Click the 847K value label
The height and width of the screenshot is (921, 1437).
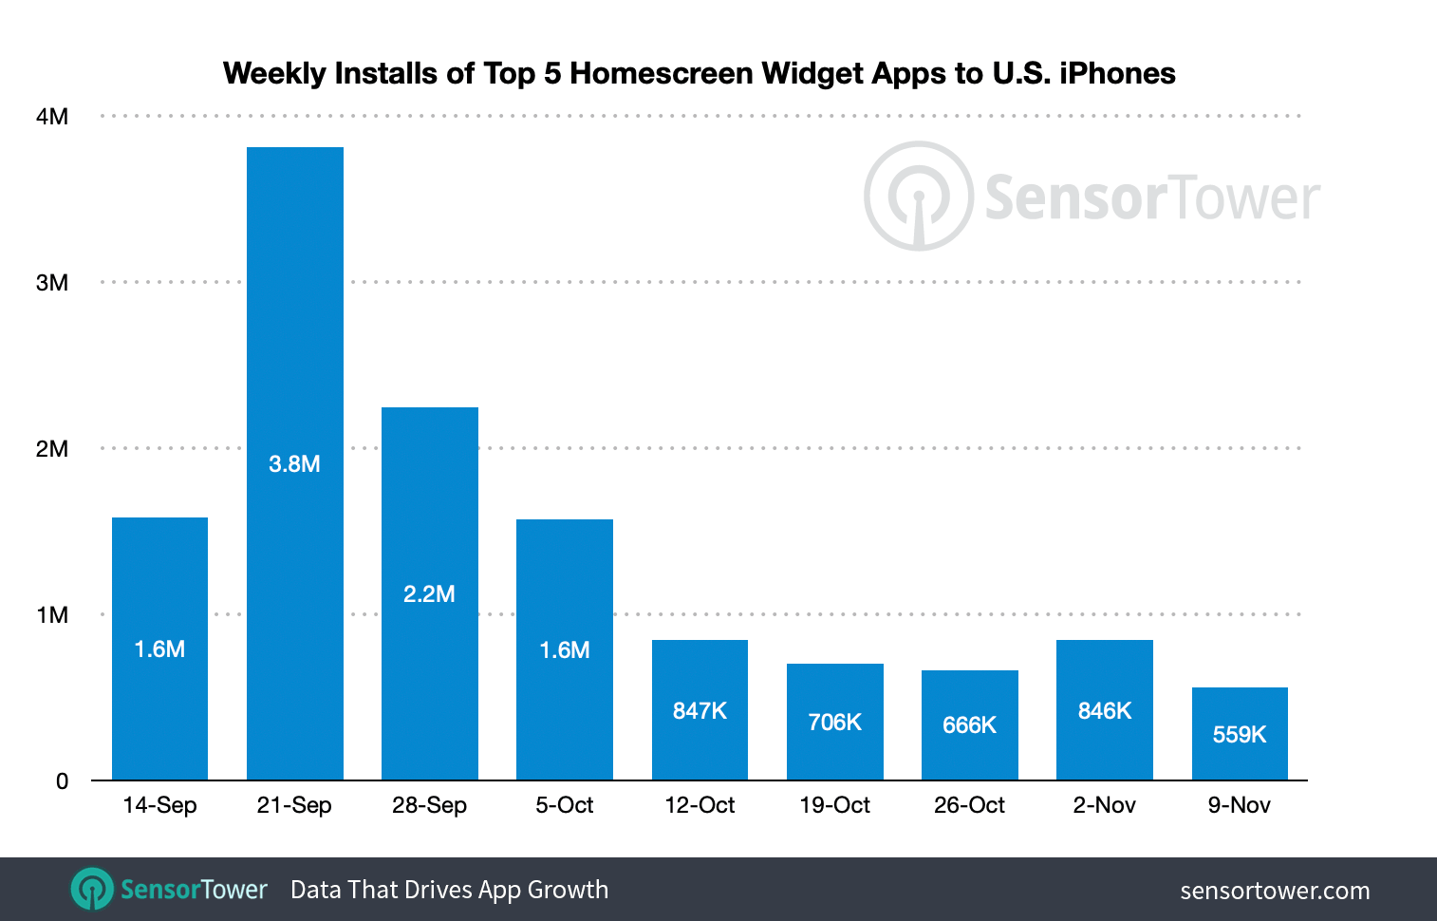coord(700,710)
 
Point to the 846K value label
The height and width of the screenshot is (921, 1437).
coord(1105,710)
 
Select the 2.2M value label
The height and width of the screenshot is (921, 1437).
coord(429,593)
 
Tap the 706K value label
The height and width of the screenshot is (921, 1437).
coord(834,722)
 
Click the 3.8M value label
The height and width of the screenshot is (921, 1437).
coord(294,463)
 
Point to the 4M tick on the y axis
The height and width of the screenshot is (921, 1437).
coord(52,117)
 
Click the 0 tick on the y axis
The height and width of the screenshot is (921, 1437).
coord(62,781)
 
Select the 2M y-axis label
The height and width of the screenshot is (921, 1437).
coord(52,449)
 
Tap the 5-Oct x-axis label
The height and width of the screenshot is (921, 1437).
coord(564,805)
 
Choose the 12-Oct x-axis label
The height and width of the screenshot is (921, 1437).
coord(700,805)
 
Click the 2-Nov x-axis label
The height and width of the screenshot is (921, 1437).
coord(1104,805)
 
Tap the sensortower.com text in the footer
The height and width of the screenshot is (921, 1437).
coord(1275,891)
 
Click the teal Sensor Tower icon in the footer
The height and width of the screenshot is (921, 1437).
coord(92,889)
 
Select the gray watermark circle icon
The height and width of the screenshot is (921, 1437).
coord(918,197)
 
